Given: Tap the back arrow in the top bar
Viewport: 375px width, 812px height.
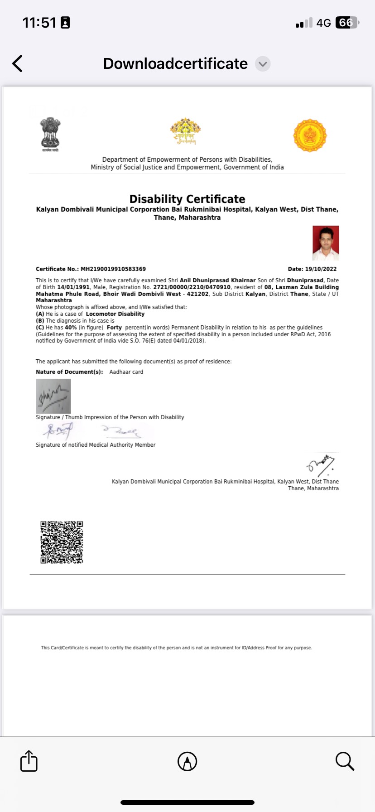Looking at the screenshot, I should point(17,63).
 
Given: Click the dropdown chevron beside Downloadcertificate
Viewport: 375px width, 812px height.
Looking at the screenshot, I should point(263,64).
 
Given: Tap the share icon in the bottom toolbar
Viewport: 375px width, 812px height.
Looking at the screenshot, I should point(29,761).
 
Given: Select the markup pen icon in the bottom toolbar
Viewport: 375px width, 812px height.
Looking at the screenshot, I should point(187,761).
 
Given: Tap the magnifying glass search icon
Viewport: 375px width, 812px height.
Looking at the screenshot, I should point(345,761).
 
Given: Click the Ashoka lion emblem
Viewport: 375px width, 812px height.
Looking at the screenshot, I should point(50,134).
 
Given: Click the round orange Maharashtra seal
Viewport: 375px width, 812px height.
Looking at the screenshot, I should point(310,135).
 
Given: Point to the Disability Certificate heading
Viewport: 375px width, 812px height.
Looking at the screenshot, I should point(187,199).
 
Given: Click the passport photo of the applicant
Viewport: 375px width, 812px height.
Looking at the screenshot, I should point(326,242).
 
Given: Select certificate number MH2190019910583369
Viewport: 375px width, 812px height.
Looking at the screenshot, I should point(113,269).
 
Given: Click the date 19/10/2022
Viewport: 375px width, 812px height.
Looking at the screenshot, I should point(321,269).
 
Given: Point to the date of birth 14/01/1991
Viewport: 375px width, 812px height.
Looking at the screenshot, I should point(73,287).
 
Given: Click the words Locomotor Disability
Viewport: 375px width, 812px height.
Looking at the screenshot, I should point(115,314).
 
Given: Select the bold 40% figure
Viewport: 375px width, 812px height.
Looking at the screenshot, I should point(71,327).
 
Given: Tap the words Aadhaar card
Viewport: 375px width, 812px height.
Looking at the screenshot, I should point(126,372).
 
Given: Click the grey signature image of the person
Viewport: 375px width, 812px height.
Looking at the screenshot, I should point(53,396).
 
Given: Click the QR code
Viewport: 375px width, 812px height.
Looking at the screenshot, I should point(62,542).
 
